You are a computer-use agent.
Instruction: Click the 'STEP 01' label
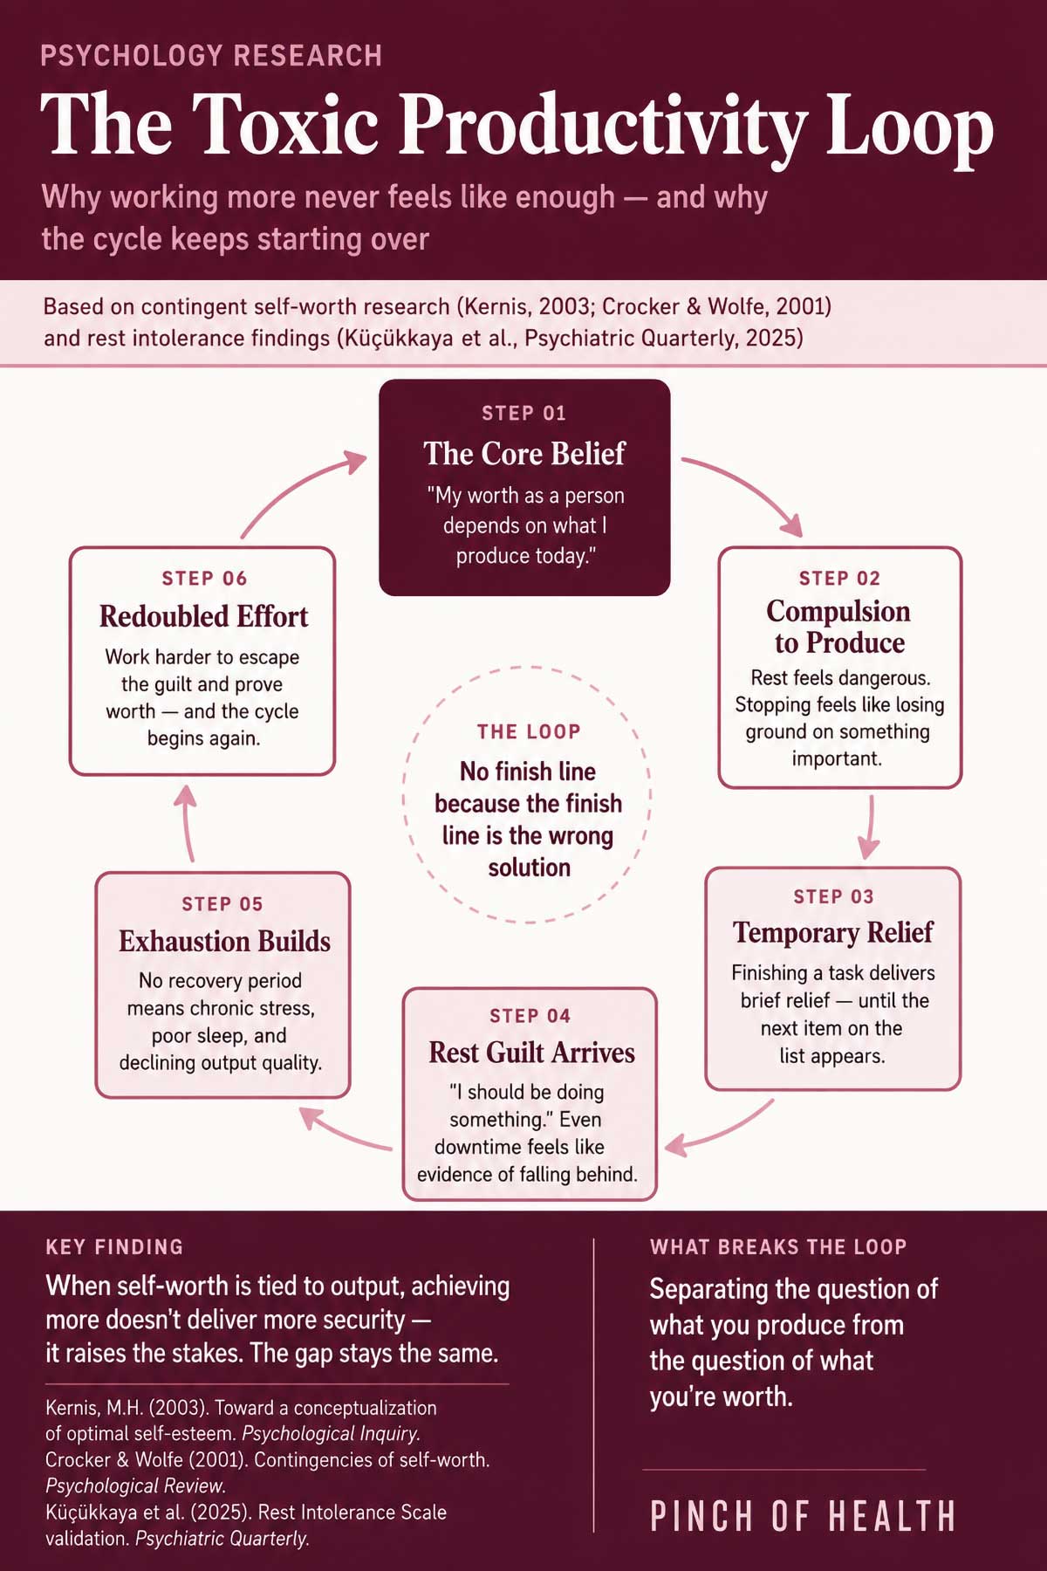click(x=523, y=413)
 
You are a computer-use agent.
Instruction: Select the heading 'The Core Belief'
click(x=524, y=454)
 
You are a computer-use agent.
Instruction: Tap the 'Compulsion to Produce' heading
click(x=838, y=627)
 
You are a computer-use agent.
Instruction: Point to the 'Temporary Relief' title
click(x=832, y=932)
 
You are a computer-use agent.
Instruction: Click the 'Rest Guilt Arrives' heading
click(x=531, y=1053)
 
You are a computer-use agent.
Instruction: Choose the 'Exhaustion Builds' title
click(x=224, y=941)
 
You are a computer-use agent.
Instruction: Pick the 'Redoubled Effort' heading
click(x=203, y=616)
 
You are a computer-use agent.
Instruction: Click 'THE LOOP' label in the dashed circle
click(x=529, y=731)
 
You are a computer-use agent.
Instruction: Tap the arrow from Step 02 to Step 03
click(x=869, y=827)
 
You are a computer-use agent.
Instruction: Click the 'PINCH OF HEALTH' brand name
click(x=803, y=1517)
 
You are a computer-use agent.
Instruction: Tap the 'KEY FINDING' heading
click(x=114, y=1246)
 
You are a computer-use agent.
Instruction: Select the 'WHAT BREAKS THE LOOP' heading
click(x=778, y=1246)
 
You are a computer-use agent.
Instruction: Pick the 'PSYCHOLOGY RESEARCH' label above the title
click(x=211, y=56)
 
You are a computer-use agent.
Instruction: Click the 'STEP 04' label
click(x=530, y=1016)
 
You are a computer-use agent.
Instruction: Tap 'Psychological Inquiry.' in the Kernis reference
click(x=331, y=1434)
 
